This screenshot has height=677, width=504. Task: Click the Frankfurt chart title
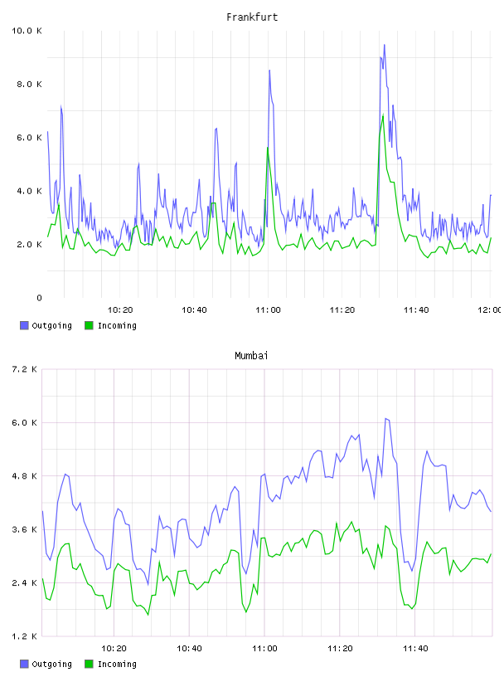[252, 17]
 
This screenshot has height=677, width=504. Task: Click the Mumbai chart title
[251, 356]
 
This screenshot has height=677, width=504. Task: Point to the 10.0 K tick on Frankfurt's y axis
[27, 31]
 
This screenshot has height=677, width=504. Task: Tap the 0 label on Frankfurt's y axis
[39, 298]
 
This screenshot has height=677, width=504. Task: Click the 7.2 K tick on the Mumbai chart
[24, 369]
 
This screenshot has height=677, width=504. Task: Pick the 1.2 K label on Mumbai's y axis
[24, 636]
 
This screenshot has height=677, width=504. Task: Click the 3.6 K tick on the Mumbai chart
[24, 530]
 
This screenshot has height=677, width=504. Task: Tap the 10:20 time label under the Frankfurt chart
[120, 310]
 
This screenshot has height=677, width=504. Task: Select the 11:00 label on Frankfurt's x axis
[268, 310]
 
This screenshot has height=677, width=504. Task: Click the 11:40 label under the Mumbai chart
[415, 649]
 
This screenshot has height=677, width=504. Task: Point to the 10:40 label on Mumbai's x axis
[190, 649]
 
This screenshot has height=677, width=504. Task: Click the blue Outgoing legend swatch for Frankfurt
[24, 325]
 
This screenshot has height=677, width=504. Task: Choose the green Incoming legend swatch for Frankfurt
[89, 325]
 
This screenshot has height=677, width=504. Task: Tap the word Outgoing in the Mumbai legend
[51, 664]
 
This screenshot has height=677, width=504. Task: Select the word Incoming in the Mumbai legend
[117, 664]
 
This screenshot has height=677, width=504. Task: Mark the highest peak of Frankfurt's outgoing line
[384, 45]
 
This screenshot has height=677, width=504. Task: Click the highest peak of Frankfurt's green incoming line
[383, 114]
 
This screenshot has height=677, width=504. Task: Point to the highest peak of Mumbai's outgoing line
[385, 418]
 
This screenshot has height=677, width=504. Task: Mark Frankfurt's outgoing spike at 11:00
[269, 70]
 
